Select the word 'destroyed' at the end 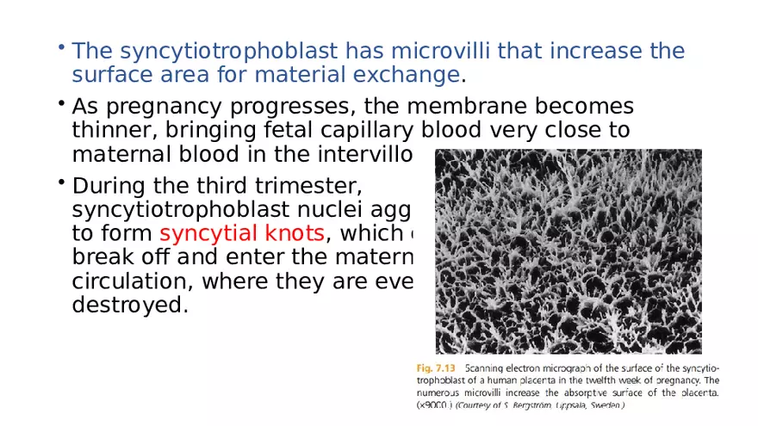129,305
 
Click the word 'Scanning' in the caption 497,366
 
